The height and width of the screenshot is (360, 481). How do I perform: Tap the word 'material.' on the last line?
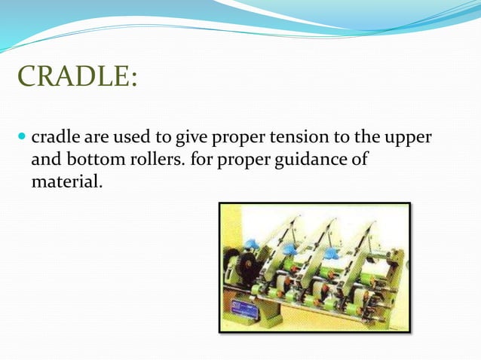(64, 182)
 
